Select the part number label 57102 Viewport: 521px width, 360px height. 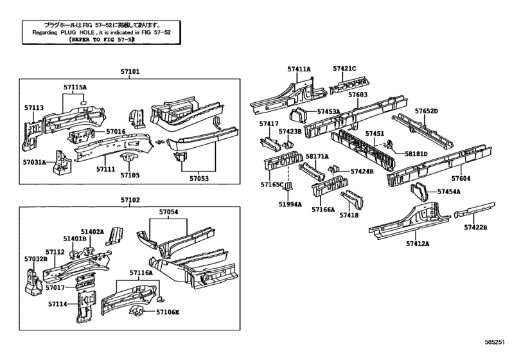(x=130, y=200)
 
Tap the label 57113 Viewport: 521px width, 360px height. (x=33, y=107)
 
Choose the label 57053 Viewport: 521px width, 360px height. (x=202, y=179)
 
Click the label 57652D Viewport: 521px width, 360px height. (x=426, y=111)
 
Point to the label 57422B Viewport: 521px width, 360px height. (x=475, y=227)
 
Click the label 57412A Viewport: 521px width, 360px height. (x=418, y=244)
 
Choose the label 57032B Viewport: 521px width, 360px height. (x=36, y=258)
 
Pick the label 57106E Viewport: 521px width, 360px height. (x=168, y=312)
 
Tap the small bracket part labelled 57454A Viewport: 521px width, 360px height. (x=418, y=192)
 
